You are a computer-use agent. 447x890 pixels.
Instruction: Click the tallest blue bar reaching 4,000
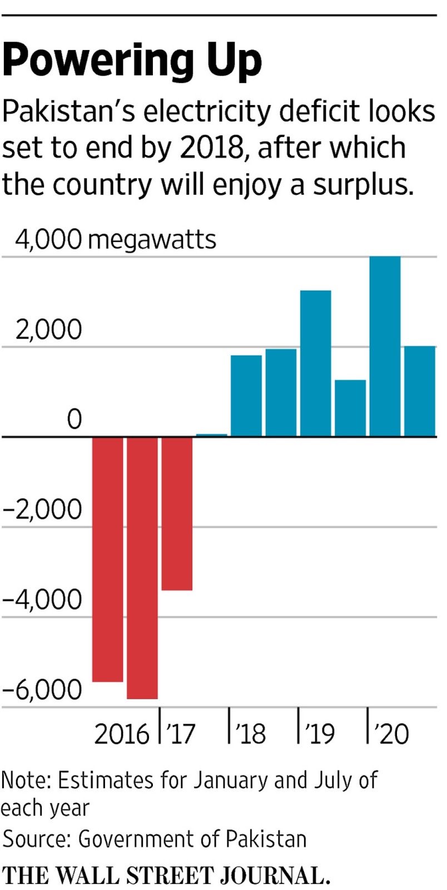pyautogui.click(x=385, y=346)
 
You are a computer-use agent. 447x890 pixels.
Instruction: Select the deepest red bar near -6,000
pyautogui.click(x=142, y=567)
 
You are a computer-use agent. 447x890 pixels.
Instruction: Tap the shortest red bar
pyautogui.click(x=177, y=513)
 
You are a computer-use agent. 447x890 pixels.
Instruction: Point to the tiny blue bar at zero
pyautogui.click(x=211, y=435)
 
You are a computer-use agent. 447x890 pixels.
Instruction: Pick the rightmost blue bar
pyautogui.click(x=419, y=391)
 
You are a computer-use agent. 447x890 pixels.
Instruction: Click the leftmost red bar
pyautogui.click(x=107, y=559)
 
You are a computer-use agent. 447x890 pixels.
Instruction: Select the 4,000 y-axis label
pyautogui.click(x=48, y=239)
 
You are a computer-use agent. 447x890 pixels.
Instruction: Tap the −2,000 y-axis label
pyautogui.click(x=42, y=510)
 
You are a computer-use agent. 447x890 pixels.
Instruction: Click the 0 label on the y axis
pyautogui.click(x=74, y=419)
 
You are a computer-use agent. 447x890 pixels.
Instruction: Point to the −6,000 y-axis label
pyautogui.click(x=42, y=690)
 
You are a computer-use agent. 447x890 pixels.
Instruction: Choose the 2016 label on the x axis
pyautogui.click(x=122, y=734)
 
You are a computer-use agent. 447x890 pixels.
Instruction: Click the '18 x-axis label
pyautogui.click(x=250, y=734)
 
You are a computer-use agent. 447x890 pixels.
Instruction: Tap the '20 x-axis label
pyautogui.click(x=392, y=734)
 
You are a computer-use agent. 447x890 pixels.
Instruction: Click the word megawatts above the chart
pyautogui.click(x=152, y=240)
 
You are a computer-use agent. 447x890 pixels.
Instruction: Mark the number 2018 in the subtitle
pyautogui.click(x=212, y=147)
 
